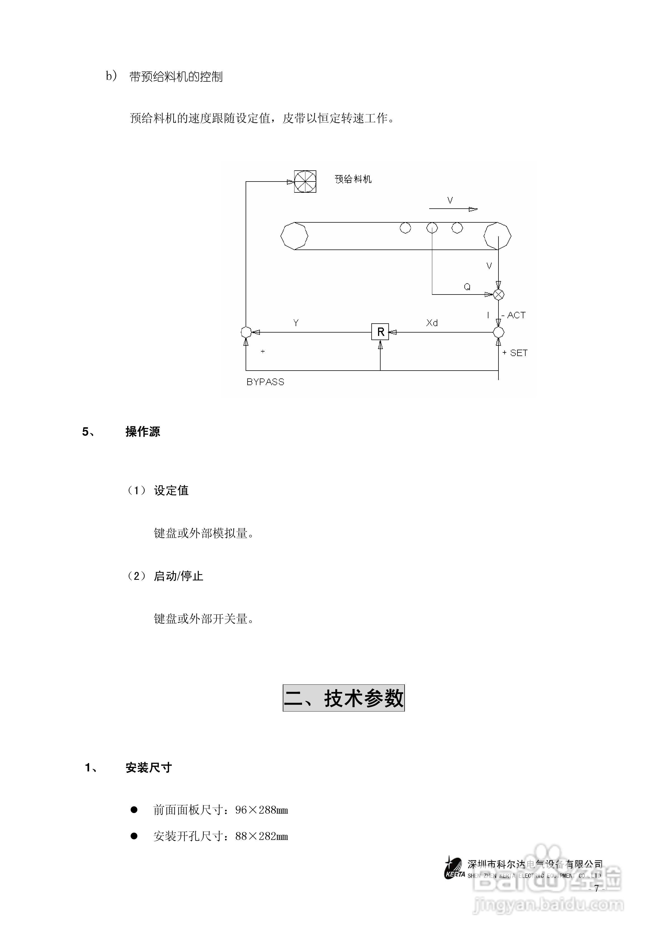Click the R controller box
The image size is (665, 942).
(x=380, y=331)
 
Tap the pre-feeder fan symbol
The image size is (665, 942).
(x=305, y=181)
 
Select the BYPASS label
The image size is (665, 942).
(x=265, y=382)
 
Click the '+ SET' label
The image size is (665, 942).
(x=515, y=353)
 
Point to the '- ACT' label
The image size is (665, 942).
(x=514, y=315)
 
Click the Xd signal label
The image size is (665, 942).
(x=432, y=323)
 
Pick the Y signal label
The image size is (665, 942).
(x=296, y=323)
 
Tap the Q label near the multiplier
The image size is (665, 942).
(x=467, y=287)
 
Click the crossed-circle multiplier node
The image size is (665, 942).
(x=498, y=295)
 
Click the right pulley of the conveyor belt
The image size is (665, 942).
(x=497, y=236)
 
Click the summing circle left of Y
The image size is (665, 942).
(x=246, y=332)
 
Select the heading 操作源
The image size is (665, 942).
(x=143, y=432)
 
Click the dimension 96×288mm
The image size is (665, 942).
(x=262, y=810)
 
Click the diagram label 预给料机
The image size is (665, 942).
(x=353, y=179)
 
